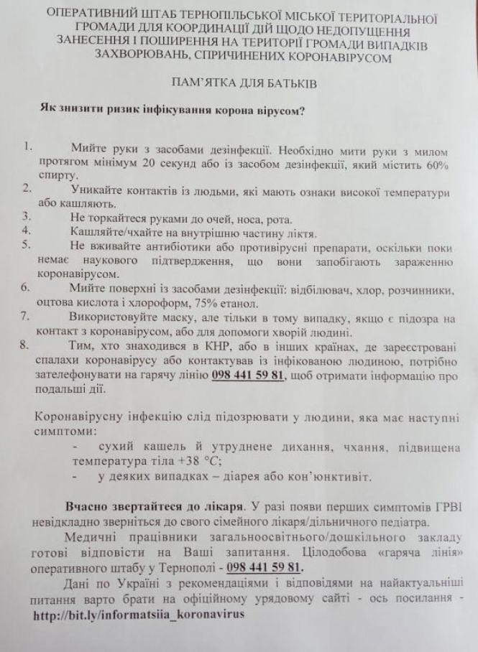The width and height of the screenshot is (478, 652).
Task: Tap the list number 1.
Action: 27,148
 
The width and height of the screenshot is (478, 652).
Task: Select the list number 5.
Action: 26,245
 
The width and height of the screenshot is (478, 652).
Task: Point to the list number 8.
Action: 26,344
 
